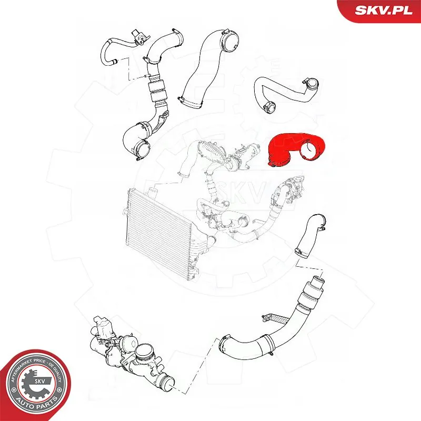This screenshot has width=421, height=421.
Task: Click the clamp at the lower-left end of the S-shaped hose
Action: coord(270,107)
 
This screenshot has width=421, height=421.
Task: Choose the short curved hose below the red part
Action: coord(310,234)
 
